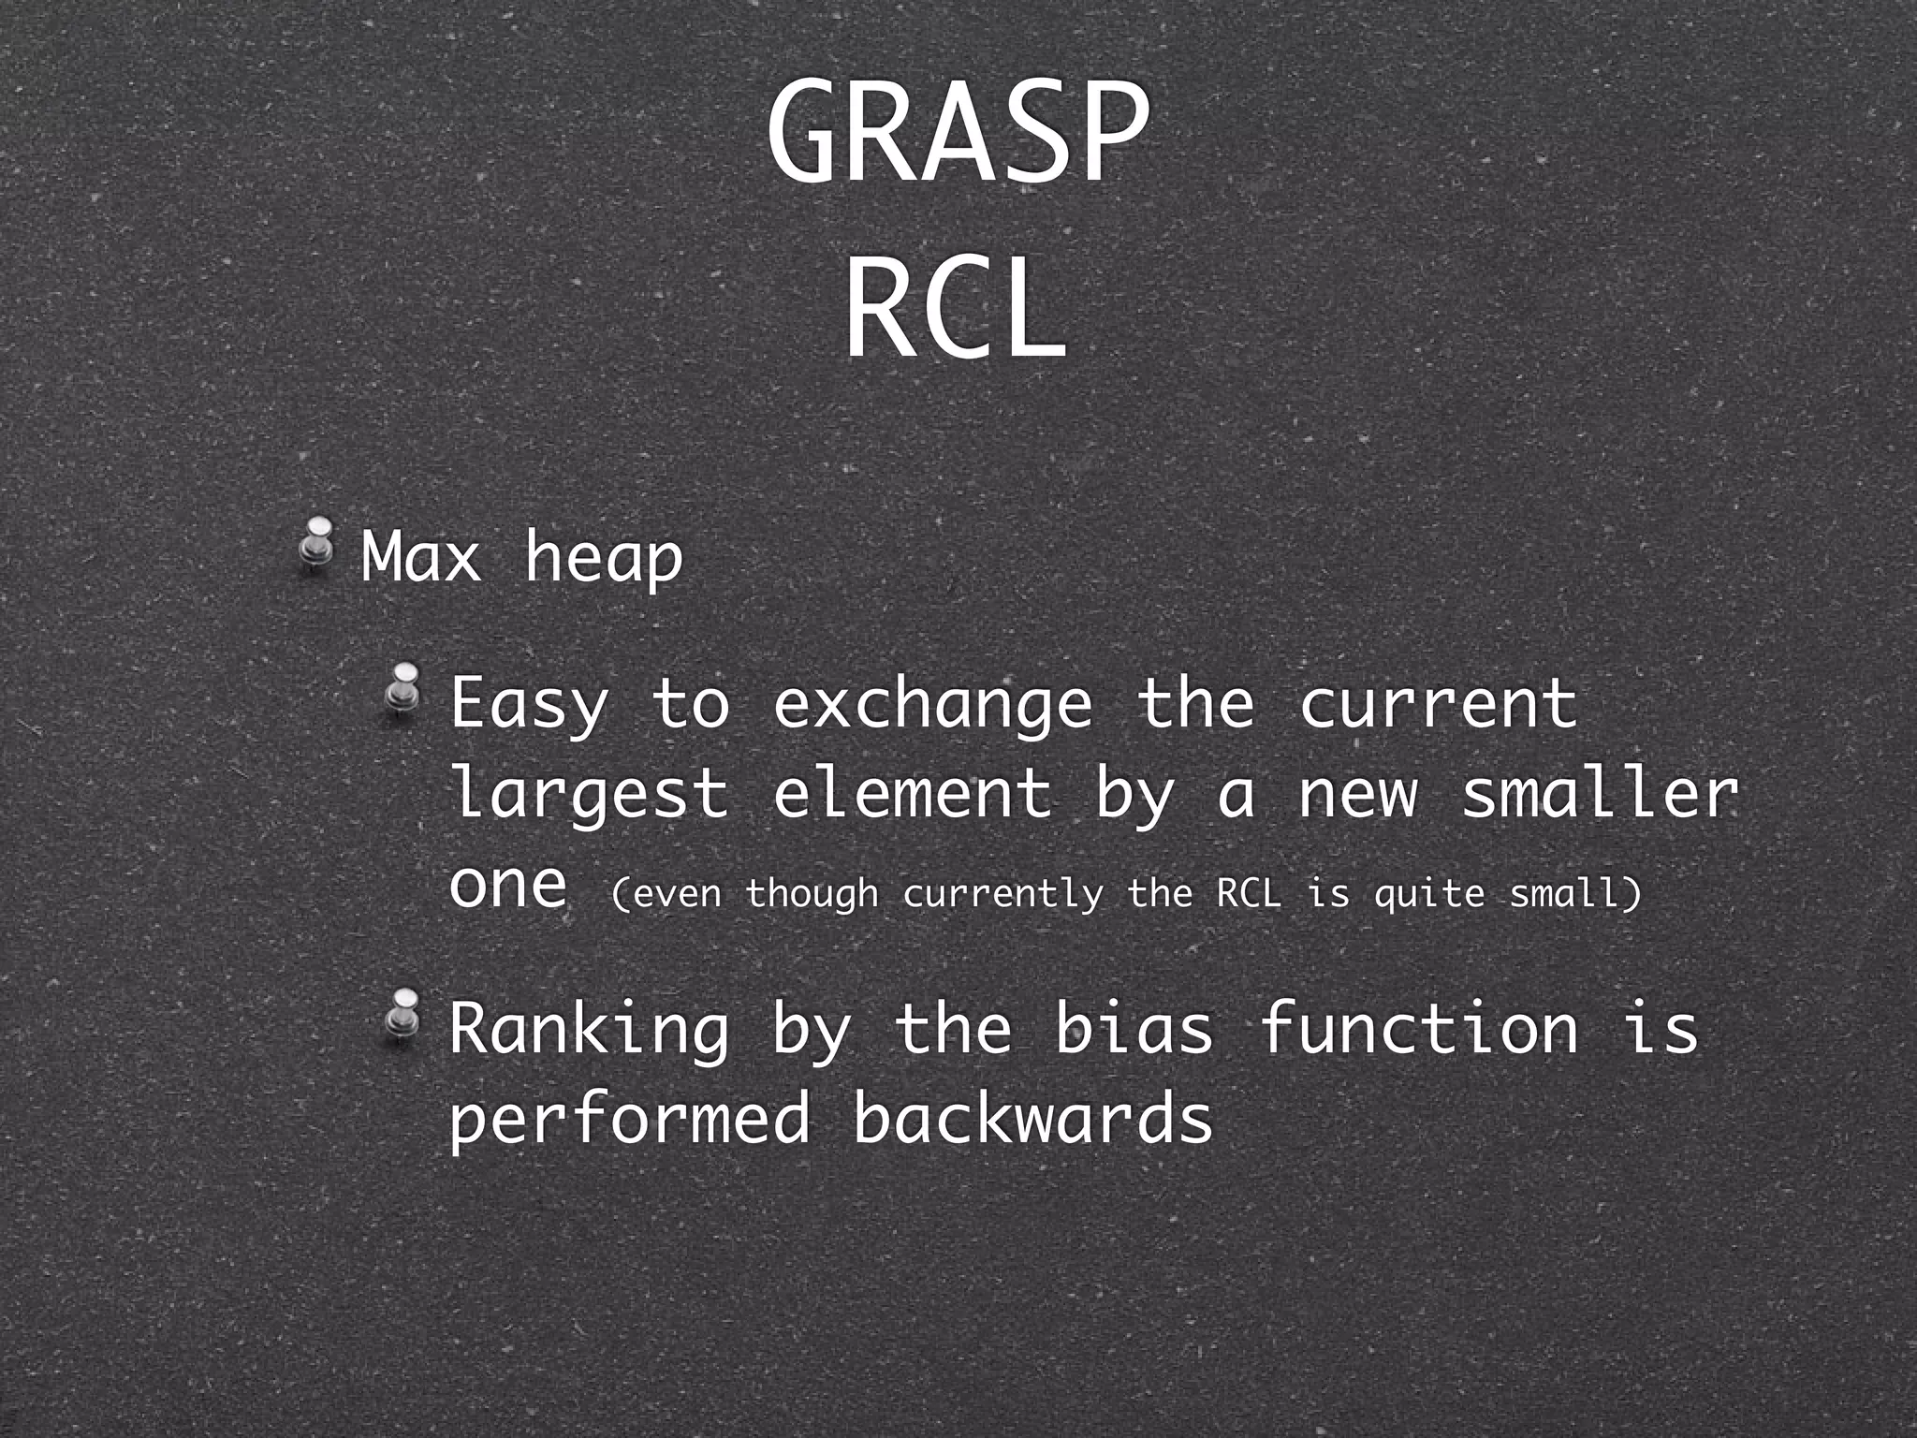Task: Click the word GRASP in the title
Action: point(957,134)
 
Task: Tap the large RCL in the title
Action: point(955,309)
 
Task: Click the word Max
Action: point(421,557)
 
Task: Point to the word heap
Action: point(603,559)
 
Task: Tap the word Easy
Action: point(530,704)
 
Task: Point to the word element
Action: point(913,792)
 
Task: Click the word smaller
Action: point(1600,792)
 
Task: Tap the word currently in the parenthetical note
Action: point(1002,894)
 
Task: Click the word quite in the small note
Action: point(1429,894)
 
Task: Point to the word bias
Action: point(1134,1028)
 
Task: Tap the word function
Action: point(1419,1028)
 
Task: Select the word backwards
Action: point(1033,1118)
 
